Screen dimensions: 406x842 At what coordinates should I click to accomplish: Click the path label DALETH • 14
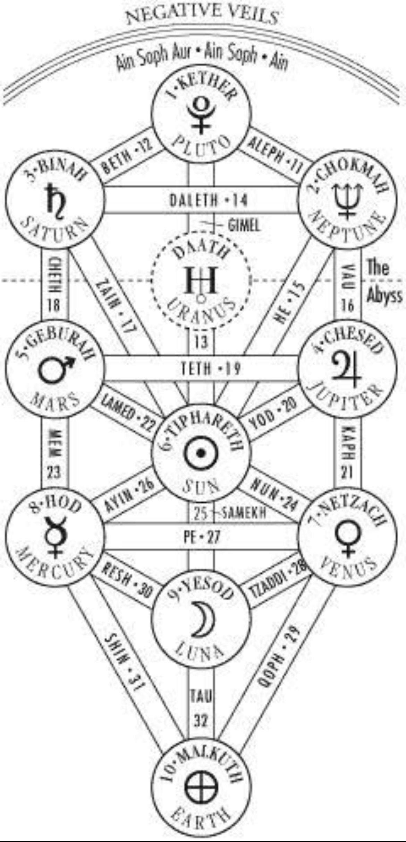(x=208, y=200)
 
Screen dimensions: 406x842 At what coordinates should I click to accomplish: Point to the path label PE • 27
(x=202, y=537)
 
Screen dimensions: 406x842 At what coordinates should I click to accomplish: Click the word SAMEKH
(x=244, y=512)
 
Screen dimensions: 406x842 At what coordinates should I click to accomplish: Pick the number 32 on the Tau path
(x=201, y=720)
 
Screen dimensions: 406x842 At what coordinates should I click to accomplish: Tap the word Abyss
(x=384, y=296)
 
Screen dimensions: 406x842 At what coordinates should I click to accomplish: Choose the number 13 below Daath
(x=201, y=342)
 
